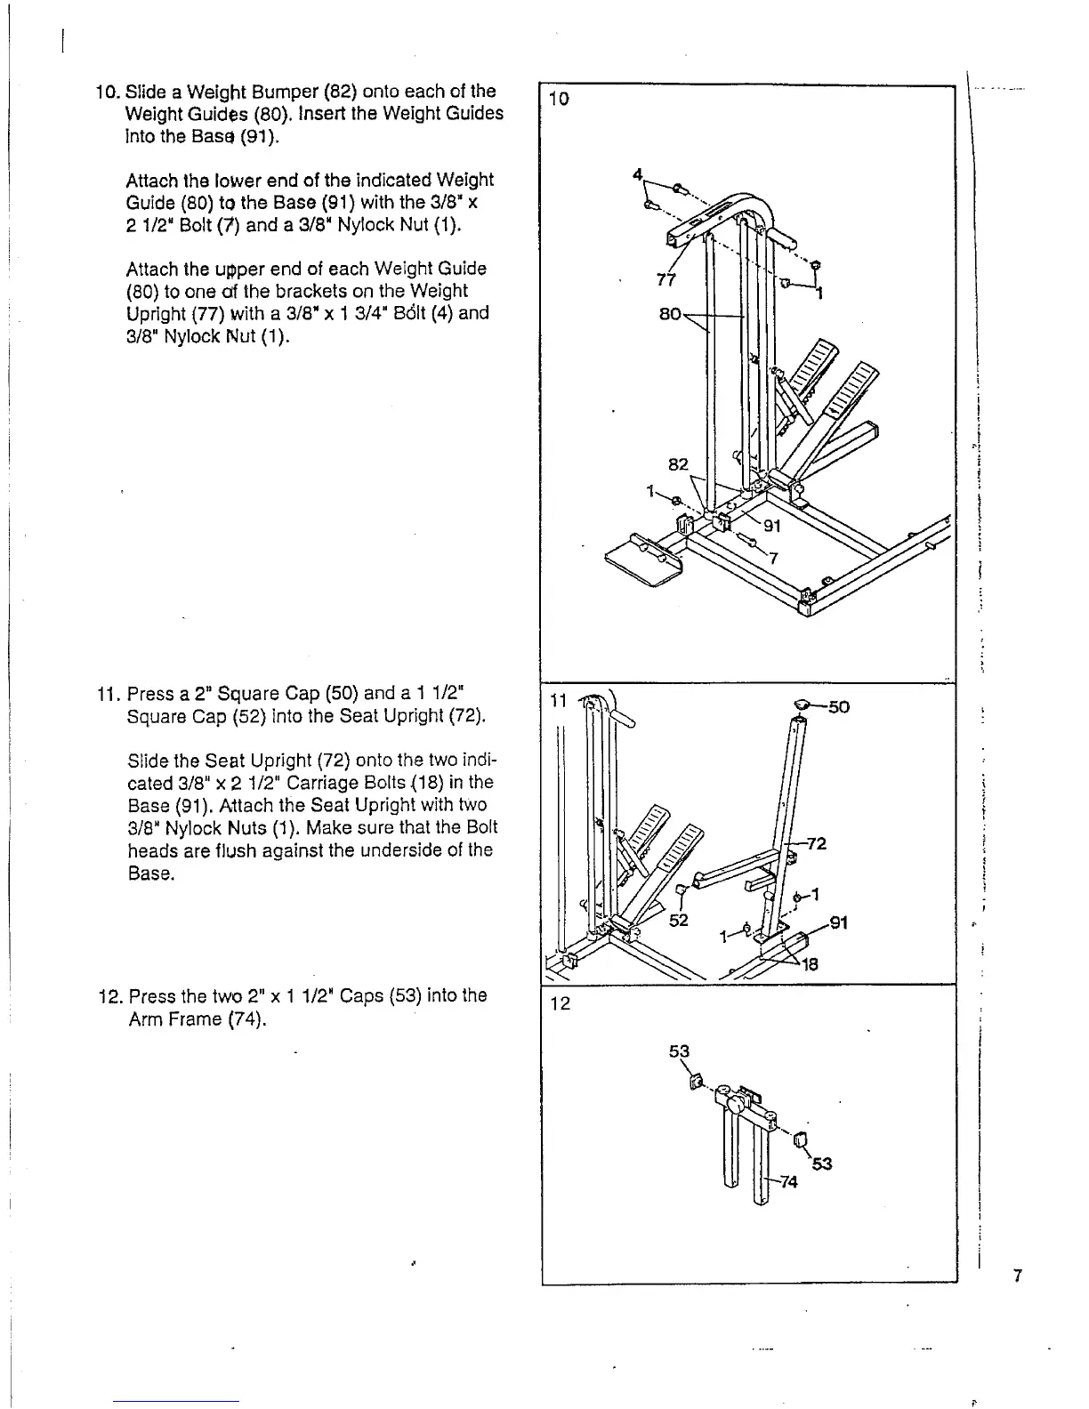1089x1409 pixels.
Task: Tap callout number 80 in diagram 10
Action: [670, 314]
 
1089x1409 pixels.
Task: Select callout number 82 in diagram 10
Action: [678, 463]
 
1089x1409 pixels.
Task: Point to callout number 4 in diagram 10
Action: [637, 174]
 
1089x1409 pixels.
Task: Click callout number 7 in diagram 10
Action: [773, 559]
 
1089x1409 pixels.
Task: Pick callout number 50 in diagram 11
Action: [838, 707]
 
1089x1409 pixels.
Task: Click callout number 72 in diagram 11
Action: [818, 843]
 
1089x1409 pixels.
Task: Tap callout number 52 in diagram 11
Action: [679, 921]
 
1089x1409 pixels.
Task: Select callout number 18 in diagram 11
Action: [809, 964]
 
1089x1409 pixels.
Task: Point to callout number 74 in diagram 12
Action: [788, 1181]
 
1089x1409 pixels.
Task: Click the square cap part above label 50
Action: [803, 705]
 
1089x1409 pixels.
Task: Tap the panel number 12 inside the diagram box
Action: [560, 1004]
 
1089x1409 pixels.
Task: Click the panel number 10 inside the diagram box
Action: [559, 99]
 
